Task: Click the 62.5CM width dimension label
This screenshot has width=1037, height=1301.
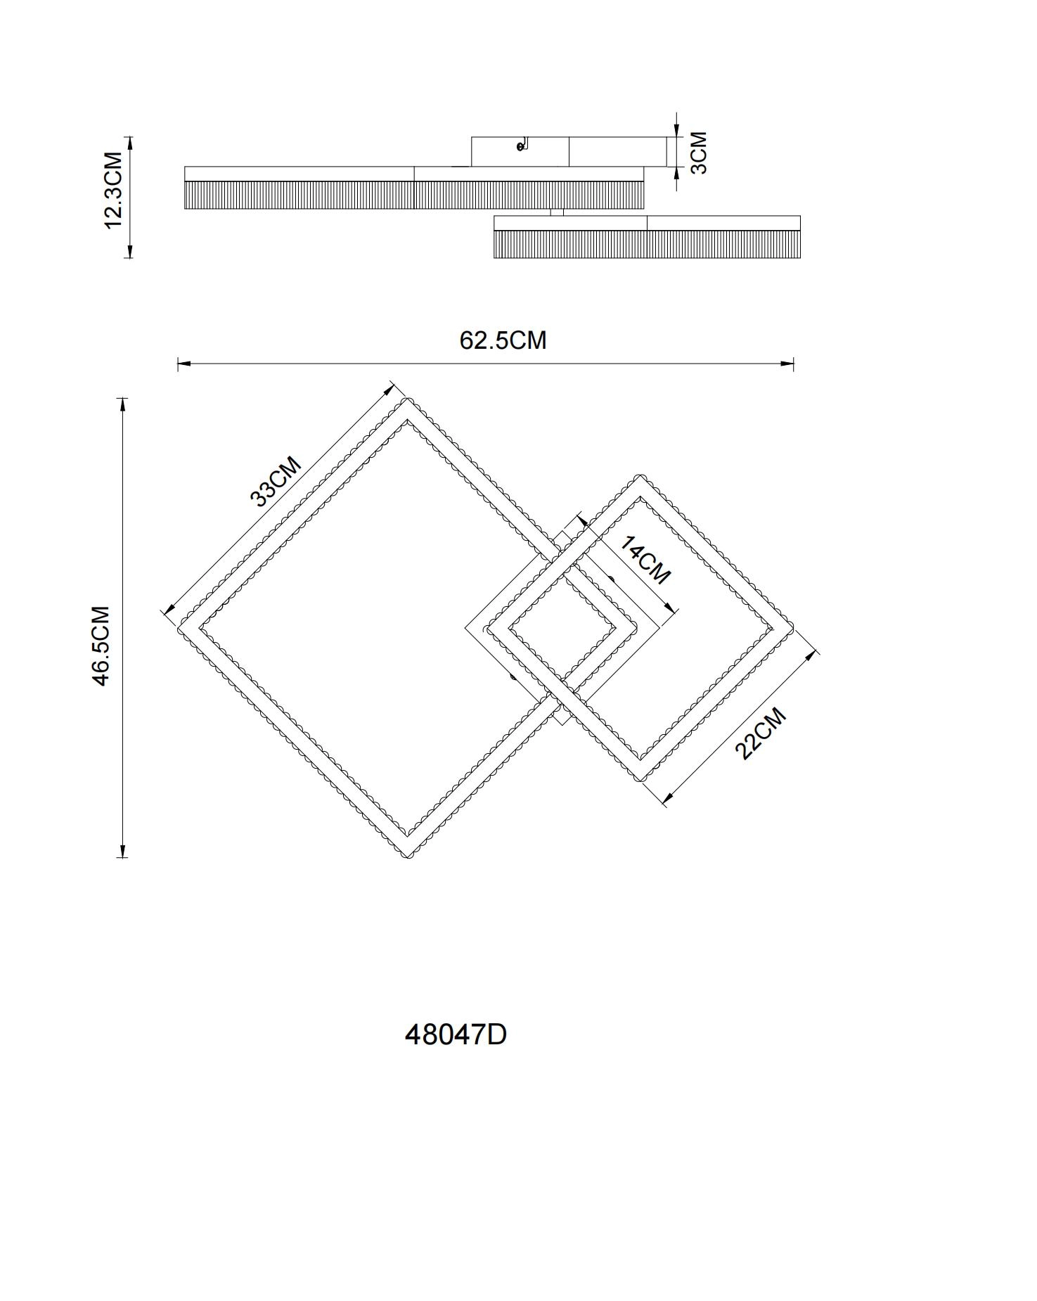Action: pyautogui.click(x=503, y=340)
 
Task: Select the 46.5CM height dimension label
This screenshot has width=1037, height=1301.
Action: pyautogui.click(x=101, y=646)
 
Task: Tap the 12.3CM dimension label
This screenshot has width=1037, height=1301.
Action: pyautogui.click(x=113, y=190)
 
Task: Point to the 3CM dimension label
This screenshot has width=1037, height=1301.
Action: pyautogui.click(x=699, y=152)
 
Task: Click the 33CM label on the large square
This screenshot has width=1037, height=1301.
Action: pyautogui.click(x=276, y=481)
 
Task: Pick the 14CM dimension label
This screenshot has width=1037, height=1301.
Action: pyautogui.click(x=645, y=560)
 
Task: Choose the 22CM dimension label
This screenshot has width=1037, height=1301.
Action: pyautogui.click(x=760, y=733)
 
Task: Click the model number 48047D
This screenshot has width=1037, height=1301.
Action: pyautogui.click(x=456, y=1034)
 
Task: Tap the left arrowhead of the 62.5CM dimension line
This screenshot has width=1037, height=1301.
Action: pyautogui.click(x=183, y=364)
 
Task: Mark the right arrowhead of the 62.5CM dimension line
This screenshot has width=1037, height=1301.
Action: pyautogui.click(x=787, y=364)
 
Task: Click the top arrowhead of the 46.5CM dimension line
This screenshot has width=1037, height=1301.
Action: pyautogui.click(x=123, y=404)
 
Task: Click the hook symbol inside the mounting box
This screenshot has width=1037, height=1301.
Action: pyautogui.click(x=522, y=145)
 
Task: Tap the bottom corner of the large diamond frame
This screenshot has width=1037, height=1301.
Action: pyautogui.click(x=406, y=856)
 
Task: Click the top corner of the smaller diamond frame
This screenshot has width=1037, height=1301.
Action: pyautogui.click(x=639, y=478)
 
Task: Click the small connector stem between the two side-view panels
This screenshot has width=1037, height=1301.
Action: pyautogui.click(x=557, y=212)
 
